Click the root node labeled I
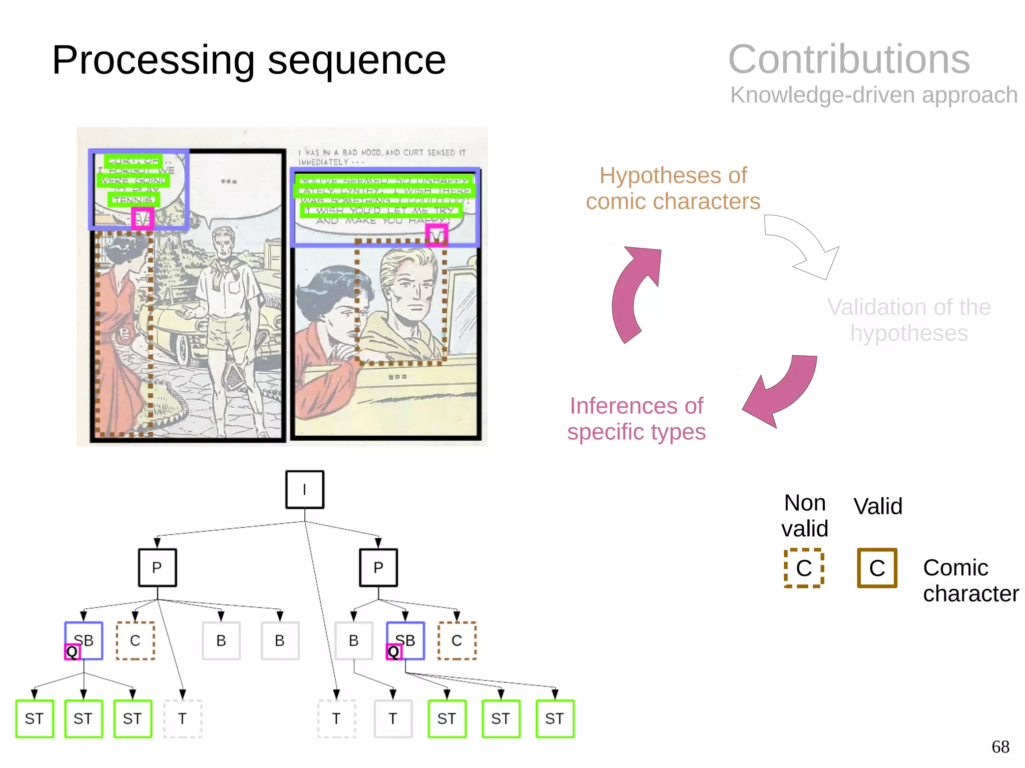[304, 489]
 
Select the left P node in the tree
[157, 567]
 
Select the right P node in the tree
[378, 567]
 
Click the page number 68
[1000, 746]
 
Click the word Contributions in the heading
[849, 59]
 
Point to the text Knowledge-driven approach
[873, 95]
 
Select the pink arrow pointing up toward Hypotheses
[635, 290]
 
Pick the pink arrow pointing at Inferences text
[783, 388]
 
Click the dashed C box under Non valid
[804, 568]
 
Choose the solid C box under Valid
[877, 568]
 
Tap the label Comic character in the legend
[970, 580]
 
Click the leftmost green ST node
[34, 718]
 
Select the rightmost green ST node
[555, 718]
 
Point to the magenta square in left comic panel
[142, 219]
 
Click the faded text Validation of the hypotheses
[908, 320]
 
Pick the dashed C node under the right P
[456, 640]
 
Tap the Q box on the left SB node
[72, 651]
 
